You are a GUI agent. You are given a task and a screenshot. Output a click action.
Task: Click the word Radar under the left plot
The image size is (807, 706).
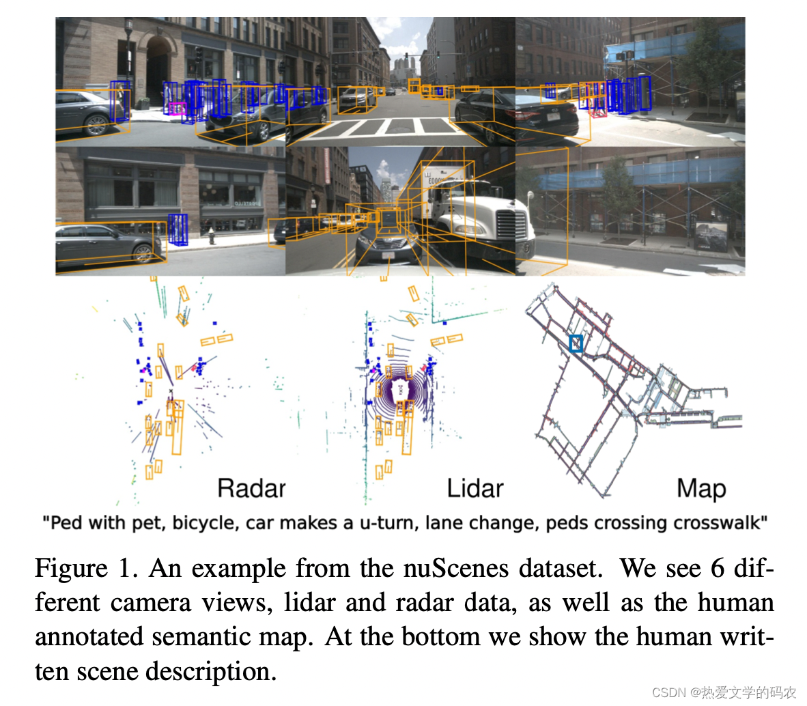[x=251, y=489]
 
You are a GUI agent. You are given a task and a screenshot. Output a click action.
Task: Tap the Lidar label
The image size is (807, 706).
[x=475, y=489]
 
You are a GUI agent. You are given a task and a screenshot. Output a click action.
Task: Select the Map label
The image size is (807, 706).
[x=701, y=489]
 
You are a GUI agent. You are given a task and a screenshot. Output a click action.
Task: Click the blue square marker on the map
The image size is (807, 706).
[x=576, y=343]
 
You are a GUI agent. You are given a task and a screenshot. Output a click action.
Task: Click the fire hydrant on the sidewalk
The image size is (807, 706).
[x=212, y=237]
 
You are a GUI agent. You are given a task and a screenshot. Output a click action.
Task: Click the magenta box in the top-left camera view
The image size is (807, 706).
[x=177, y=108]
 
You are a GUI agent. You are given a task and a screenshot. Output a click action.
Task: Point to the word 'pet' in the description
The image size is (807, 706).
[x=150, y=524]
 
